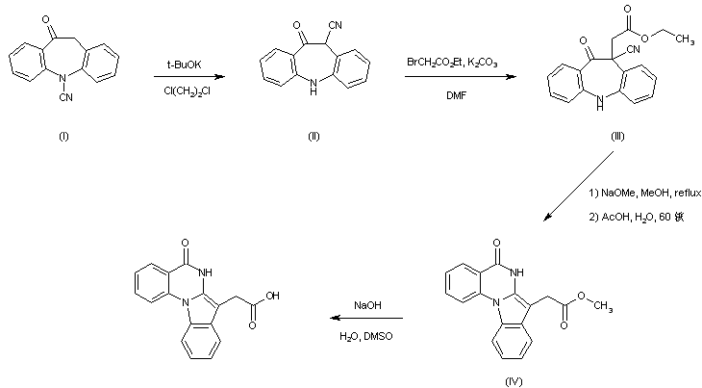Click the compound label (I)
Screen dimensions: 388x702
tap(63, 135)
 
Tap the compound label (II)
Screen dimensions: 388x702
tap(313, 135)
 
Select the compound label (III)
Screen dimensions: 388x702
tap(616, 135)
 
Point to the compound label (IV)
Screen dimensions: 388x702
tap(513, 380)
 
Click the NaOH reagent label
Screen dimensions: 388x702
tap(367, 305)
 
